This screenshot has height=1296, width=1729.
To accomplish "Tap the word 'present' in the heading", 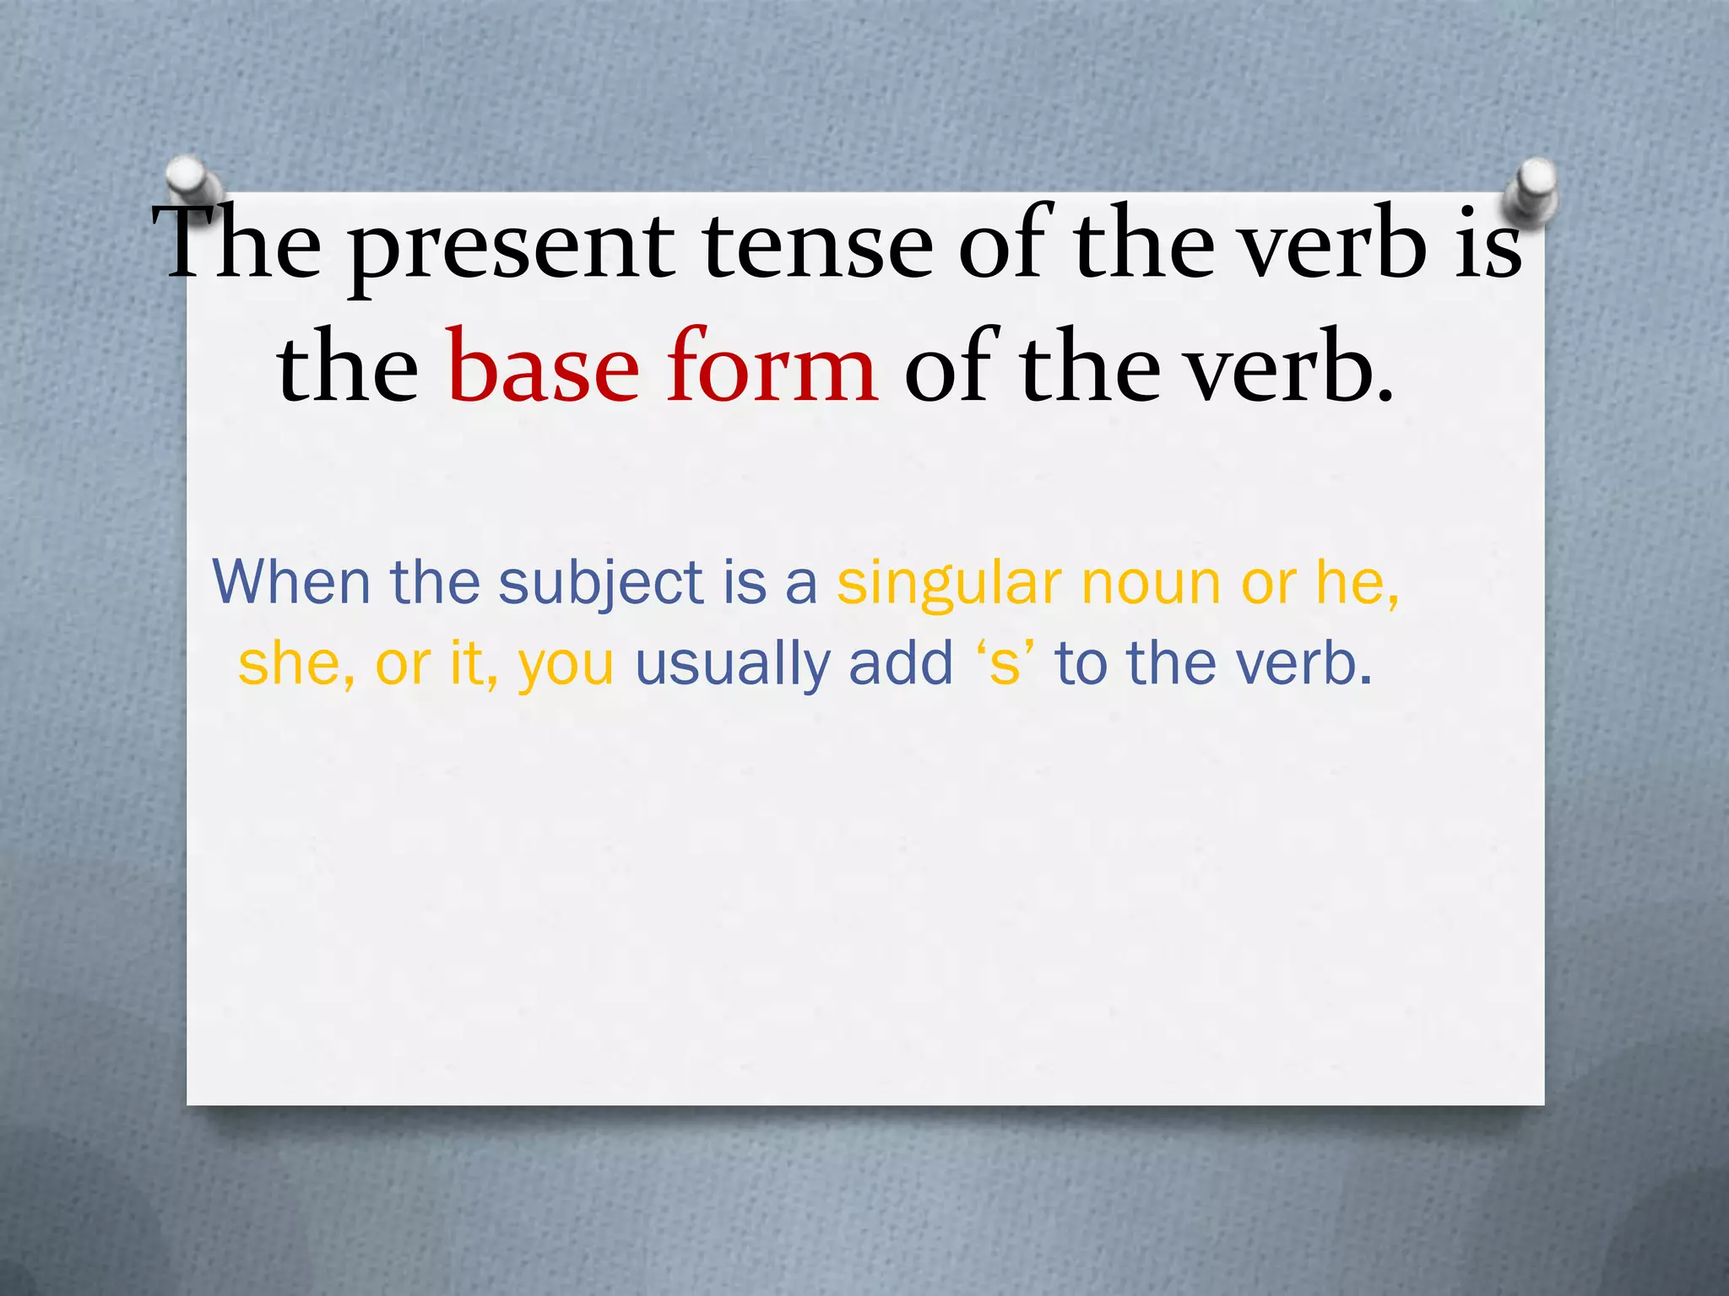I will tap(512, 248).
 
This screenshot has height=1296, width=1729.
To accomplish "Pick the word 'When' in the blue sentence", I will tap(292, 582).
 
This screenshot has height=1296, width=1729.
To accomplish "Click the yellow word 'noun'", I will tap(1152, 584).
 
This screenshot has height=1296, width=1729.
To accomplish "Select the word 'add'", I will tap(901, 663).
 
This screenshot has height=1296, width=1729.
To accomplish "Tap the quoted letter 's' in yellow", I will tap(1005, 665).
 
